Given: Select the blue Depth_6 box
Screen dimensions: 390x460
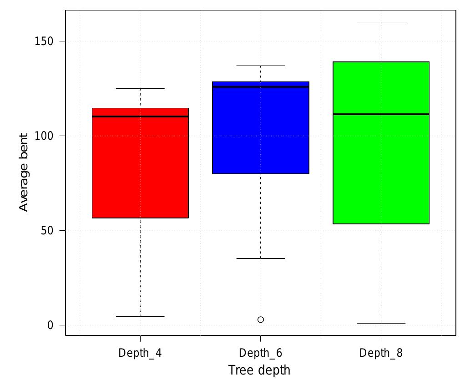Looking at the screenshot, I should point(260,132).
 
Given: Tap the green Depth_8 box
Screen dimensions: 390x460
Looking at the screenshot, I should point(381,168).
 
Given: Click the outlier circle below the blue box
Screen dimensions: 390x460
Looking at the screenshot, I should point(261,319).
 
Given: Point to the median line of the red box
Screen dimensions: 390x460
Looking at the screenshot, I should point(140,116).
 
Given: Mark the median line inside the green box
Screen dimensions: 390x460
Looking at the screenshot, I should point(381,114).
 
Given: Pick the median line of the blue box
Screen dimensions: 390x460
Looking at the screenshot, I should point(260,86).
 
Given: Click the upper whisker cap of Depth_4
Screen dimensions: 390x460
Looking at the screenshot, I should point(140,88).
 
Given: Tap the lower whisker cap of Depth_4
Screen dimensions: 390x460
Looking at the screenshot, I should point(140,316).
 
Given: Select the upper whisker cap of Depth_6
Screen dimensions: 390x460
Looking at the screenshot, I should point(260,66).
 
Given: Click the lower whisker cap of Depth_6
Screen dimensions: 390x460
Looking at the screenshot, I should point(260,258).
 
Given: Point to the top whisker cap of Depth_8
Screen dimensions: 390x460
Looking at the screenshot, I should point(381,22).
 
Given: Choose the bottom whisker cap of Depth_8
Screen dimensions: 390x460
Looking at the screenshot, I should point(381,323).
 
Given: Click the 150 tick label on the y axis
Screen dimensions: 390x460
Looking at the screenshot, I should point(44,41).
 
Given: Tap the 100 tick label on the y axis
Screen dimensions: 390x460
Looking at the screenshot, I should point(44,136).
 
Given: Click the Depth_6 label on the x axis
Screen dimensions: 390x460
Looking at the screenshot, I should point(260,353).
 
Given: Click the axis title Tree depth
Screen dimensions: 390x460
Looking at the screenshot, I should point(259,370).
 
